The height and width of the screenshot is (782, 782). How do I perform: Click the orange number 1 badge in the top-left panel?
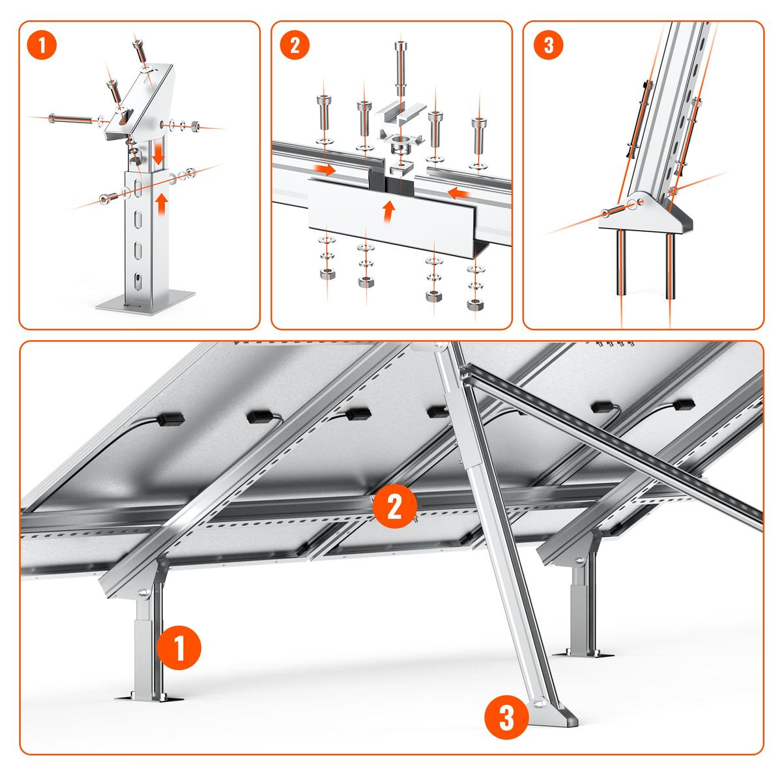tap(43, 46)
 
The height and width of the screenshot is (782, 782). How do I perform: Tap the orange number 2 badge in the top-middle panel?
tap(295, 46)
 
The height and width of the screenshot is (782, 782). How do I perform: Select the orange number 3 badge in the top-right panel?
tap(548, 46)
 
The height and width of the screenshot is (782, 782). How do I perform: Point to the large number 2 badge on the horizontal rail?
tap(394, 506)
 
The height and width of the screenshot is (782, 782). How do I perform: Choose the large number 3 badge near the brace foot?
tap(506, 719)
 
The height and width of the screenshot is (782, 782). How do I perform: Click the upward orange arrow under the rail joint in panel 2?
tap(388, 210)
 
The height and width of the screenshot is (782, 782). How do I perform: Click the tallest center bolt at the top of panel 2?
tap(398, 63)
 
